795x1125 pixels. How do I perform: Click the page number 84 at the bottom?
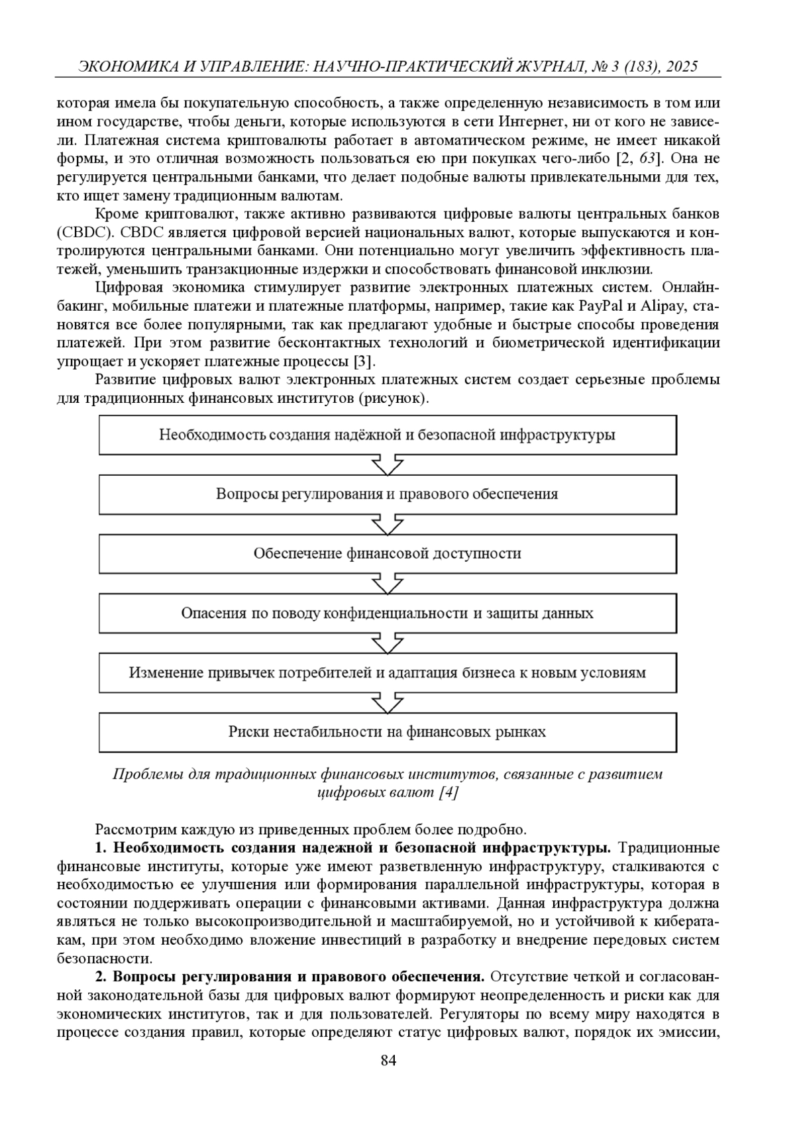coord(388,1061)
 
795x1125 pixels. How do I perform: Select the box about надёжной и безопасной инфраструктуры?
coord(388,435)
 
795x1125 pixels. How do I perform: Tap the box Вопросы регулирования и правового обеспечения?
coord(388,494)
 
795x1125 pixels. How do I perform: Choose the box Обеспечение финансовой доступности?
coord(388,554)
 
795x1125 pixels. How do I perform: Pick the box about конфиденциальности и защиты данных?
coord(388,614)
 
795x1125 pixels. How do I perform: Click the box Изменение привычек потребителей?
coord(388,673)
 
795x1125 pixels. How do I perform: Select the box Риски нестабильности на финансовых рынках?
coord(388,732)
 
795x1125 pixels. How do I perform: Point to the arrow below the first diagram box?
coord(388,464)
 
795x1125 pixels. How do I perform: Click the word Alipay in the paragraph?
coord(662,306)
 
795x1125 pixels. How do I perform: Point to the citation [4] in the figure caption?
coord(449,792)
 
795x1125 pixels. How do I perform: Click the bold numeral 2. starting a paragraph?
coord(101,977)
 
